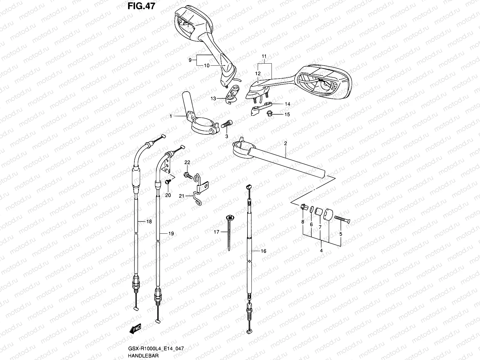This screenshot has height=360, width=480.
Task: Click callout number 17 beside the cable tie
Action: tap(216, 232)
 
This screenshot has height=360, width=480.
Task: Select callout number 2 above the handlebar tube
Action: tap(286, 144)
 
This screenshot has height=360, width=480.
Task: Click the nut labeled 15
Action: tap(269, 113)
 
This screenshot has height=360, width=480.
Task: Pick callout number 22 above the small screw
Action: tap(187, 162)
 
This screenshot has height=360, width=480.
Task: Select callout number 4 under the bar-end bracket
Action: tap(321, 250)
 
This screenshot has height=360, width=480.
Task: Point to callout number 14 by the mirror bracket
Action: tap(287, 104)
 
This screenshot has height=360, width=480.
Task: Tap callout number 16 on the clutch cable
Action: tap(263, 251)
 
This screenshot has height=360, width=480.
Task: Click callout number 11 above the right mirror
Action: tap(264, 56)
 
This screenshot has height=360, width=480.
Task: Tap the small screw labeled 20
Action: tap(168, 181)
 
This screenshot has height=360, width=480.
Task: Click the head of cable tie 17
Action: tap(230, 217)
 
